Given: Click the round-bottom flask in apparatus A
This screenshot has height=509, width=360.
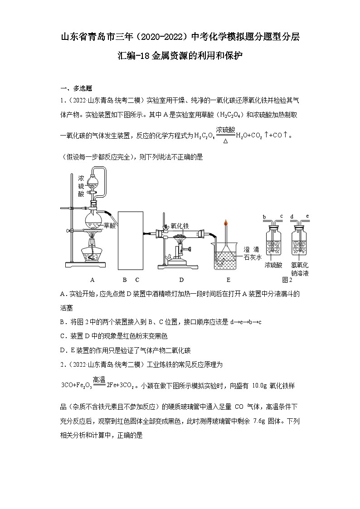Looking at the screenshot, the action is (95, 221).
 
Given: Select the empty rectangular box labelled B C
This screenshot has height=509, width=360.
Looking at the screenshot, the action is (131, 239).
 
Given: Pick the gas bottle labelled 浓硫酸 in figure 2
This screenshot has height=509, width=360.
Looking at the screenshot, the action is (273, 242).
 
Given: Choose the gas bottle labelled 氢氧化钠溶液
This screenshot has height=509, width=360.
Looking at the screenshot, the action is (300, 242).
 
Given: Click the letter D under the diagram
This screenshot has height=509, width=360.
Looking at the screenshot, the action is (181, 280).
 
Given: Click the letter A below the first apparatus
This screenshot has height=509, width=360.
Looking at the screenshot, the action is (92, 280).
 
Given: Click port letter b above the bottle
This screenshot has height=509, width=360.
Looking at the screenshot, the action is (264, 217).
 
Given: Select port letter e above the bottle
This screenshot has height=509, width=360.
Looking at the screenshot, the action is (308, 217).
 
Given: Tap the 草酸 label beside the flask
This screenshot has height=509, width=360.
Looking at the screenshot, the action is (110, 225).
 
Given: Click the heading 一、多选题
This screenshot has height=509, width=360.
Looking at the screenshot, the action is (76, 88).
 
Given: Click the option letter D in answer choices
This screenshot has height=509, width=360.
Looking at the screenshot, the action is (63, 350).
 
